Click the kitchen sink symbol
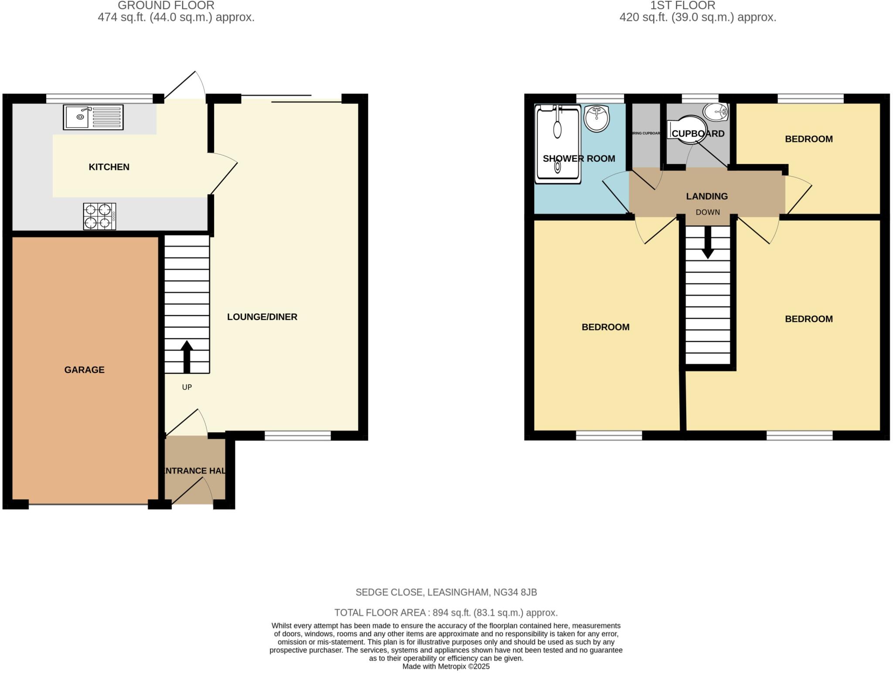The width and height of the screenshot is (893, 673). coord(93,117)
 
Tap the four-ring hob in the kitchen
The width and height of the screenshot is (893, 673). coord(99,216)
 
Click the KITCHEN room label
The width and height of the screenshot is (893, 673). coord(109,167)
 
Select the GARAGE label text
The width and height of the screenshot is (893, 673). coord(84,370)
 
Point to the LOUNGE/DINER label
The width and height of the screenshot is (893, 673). coord(262,317)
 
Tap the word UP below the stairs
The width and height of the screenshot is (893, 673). coord(187,387)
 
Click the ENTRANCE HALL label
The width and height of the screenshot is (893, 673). coord(194,471)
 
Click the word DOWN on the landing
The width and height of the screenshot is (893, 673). coord(708,212)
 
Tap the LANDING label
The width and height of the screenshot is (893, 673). coord(707,196)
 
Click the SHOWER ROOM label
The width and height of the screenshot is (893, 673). coord(579,159)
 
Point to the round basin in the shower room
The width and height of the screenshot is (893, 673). coord(596,118)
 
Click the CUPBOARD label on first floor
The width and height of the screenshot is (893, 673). coord(698,133)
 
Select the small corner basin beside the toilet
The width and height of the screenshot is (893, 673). coord(716,112)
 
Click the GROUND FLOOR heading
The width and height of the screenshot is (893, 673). coord(166,6)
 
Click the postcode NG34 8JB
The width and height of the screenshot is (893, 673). coord(515,592)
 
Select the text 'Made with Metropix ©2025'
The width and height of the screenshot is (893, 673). coord(446,666)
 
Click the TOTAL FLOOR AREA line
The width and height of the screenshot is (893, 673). coord(446,613)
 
